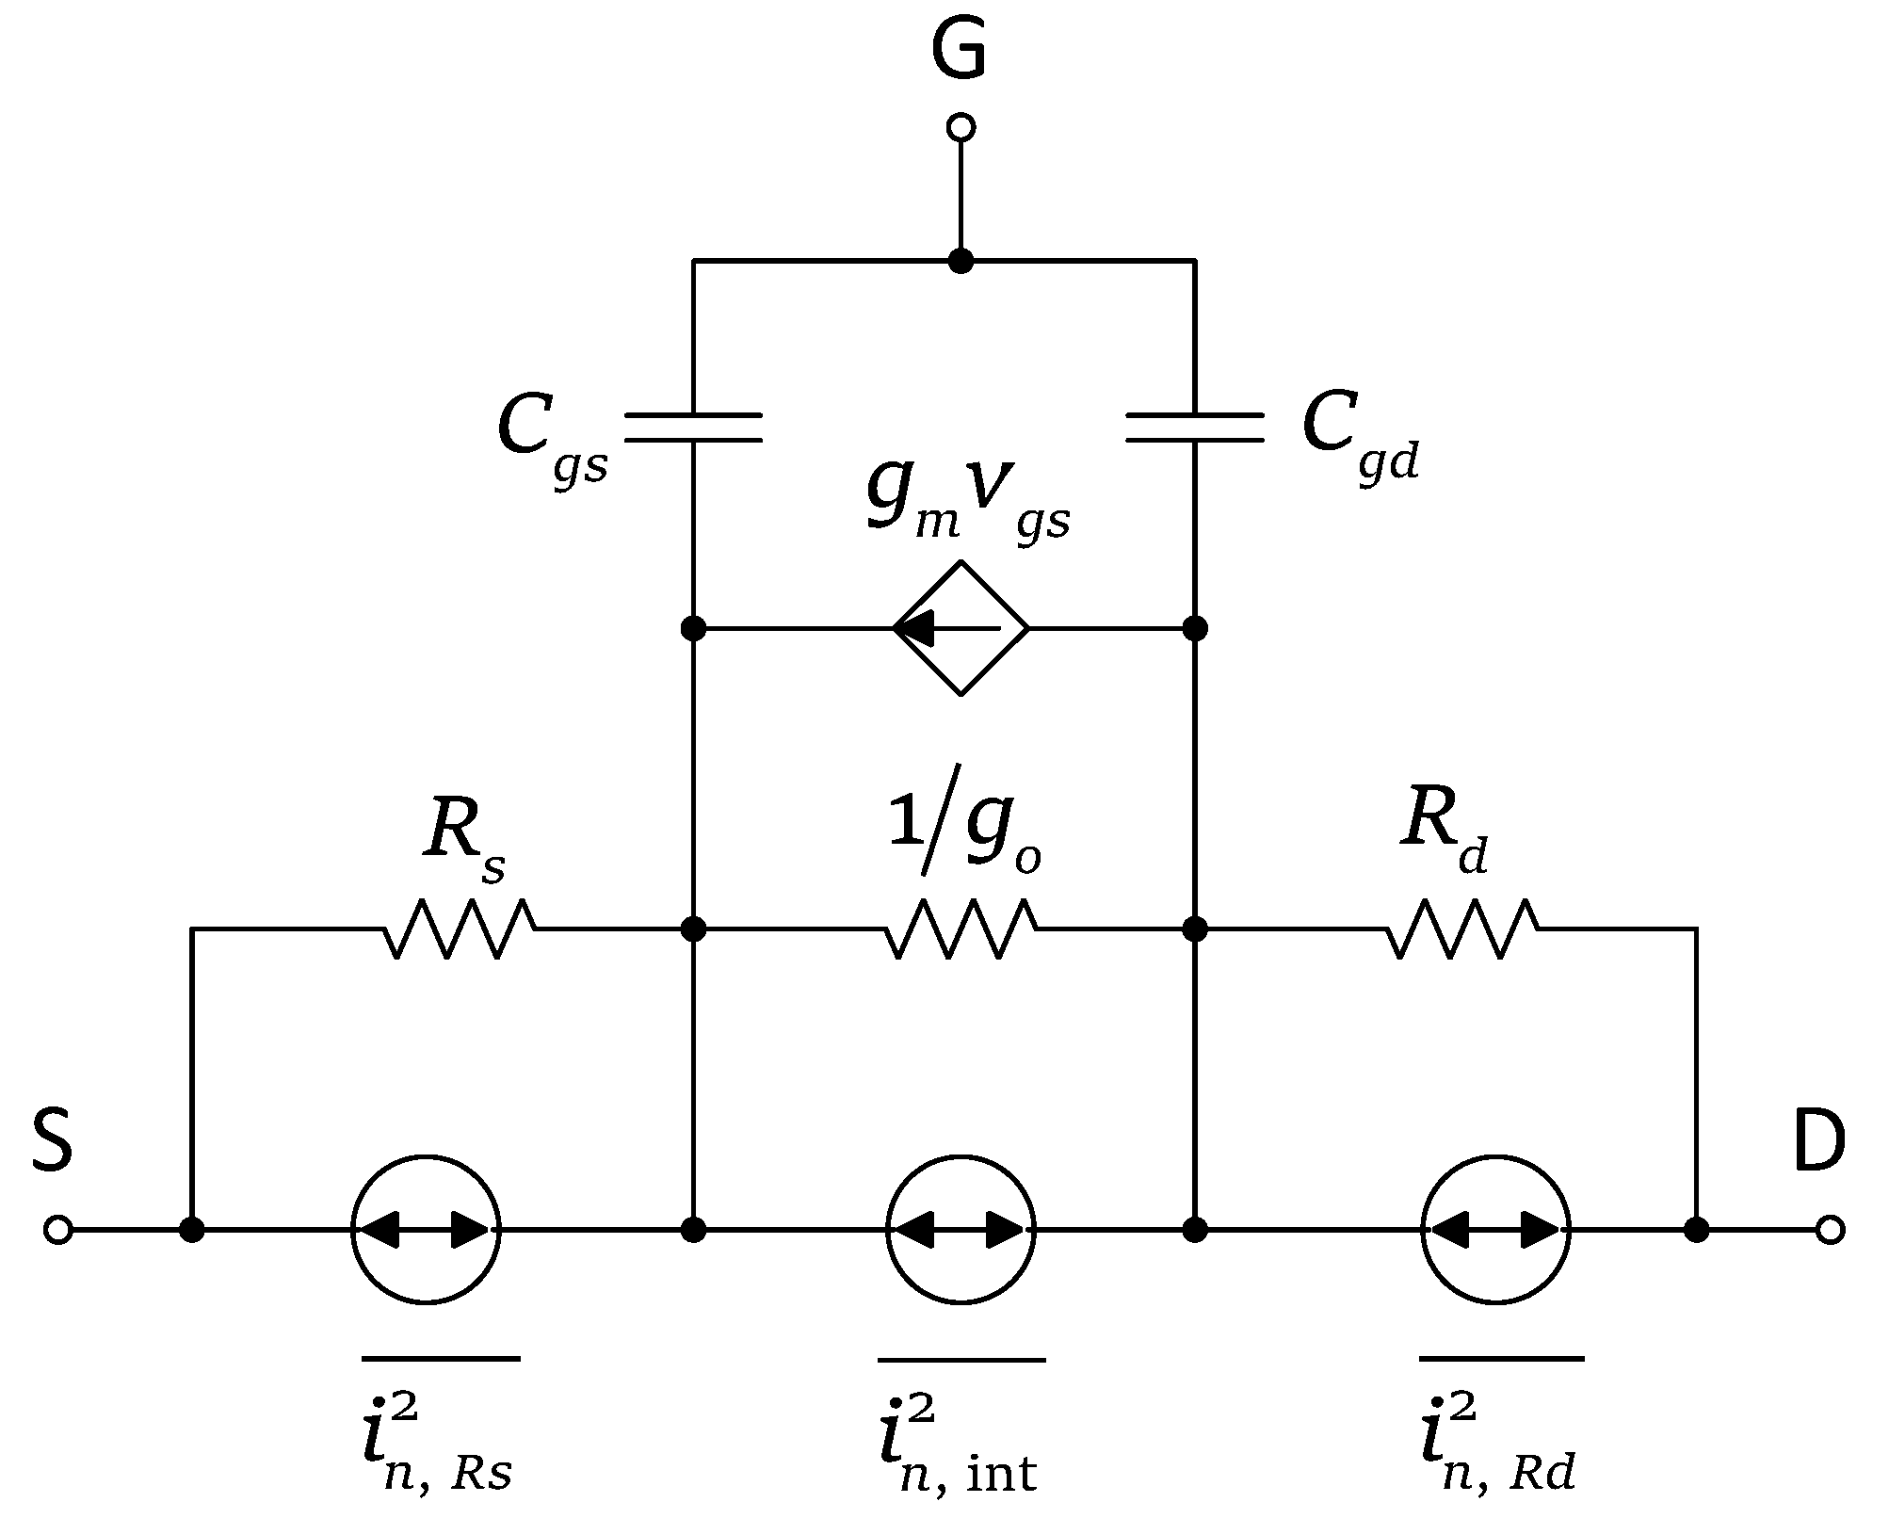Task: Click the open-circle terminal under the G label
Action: coord(960,126)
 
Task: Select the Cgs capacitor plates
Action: coord(693,427)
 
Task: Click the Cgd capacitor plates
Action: coord(1195,427)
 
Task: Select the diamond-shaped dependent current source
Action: coord(961,628)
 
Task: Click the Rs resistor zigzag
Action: coord(460,929)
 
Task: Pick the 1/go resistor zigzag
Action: coord(961,929)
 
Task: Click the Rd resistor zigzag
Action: coord(1462,929)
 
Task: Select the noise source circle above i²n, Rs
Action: coord(427,1230)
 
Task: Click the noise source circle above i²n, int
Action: coord(961,1230)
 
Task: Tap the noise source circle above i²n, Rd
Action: coord(1495,1230)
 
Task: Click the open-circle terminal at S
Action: coord(57,1230)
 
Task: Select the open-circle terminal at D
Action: coord(1830,1230)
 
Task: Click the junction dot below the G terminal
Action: coord(961,261)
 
